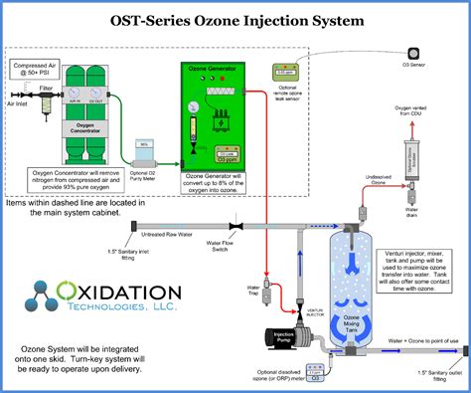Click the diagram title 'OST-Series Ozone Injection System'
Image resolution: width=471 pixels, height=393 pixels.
click(235, 17)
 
